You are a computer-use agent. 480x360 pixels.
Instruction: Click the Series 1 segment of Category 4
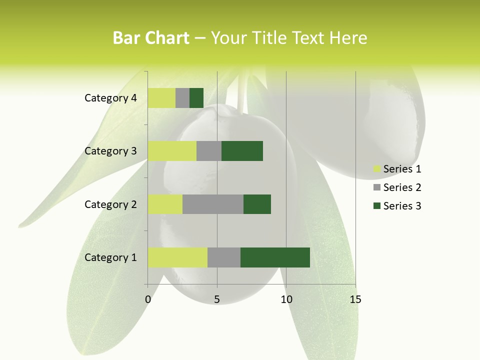161,98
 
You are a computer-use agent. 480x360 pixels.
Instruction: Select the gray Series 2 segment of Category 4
182,98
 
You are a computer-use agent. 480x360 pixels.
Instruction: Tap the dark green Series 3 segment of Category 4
196,98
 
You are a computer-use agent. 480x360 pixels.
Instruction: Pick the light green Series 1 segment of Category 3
172,151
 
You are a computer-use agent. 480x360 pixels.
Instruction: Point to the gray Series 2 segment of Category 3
209,151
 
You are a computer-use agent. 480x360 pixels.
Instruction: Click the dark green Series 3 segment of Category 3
242,151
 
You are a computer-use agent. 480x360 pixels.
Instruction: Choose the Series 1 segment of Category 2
165,204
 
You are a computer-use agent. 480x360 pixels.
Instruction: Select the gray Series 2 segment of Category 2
213,204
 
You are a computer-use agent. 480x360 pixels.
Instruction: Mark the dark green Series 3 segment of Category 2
257,204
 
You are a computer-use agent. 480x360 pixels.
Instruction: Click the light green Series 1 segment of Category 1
177,257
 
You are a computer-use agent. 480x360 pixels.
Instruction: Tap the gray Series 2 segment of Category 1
224,257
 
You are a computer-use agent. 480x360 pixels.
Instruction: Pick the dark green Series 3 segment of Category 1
275,257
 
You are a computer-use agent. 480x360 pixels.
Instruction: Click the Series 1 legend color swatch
376,169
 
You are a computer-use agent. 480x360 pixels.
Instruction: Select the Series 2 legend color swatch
376,187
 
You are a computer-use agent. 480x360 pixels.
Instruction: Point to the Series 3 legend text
402,206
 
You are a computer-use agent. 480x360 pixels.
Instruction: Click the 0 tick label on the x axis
148,299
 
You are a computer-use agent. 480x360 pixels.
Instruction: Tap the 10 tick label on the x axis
286,299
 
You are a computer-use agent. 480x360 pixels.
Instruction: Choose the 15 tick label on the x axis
355,299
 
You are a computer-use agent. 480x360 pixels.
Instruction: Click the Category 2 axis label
110,204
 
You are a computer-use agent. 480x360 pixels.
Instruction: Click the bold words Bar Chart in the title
151,38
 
